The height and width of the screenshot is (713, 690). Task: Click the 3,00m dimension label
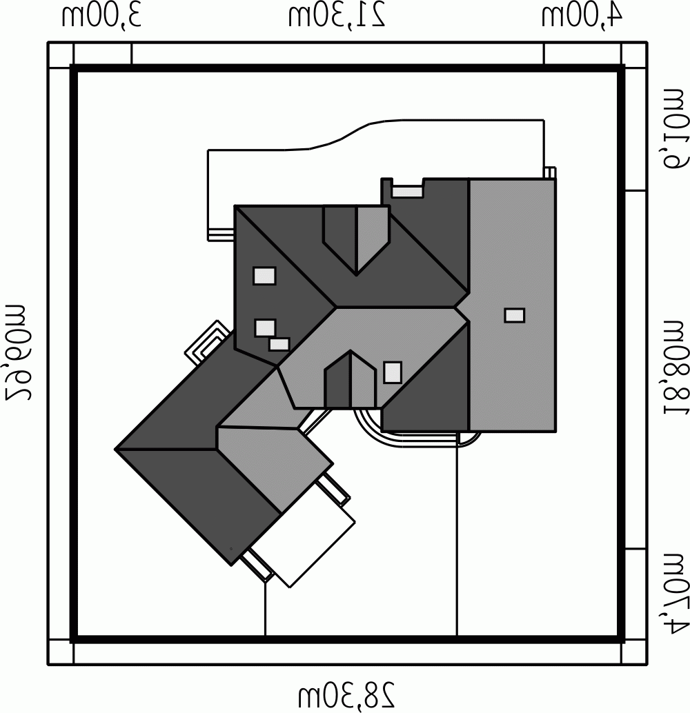101,17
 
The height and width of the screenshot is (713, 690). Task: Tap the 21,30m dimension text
337,17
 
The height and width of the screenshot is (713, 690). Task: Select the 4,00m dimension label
582,17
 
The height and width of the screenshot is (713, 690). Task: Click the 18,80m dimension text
676,368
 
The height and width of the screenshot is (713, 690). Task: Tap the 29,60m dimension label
17,350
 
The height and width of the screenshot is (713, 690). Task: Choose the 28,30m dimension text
347,696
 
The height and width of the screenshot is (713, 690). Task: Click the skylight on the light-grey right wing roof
514,315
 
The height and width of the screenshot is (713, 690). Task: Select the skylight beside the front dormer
393,372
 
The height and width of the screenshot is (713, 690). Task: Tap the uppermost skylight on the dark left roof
264,276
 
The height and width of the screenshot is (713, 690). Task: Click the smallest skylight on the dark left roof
279,345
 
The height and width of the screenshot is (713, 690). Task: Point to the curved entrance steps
417,434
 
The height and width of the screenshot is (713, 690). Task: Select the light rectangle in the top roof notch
407,192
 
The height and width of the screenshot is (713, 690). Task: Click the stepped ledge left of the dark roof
221,234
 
